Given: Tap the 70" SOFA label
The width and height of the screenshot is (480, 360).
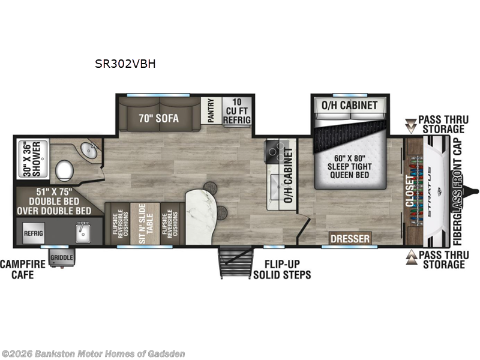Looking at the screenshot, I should [x=158, y=118].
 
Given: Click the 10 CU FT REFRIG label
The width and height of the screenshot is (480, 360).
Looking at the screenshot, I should [x=236, y=112].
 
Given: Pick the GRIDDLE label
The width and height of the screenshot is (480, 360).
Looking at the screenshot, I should [x=62, y=258].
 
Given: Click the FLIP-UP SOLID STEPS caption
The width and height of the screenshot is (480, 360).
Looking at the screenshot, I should [x=282, y=269].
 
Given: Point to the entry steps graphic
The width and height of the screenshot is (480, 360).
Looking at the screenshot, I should [x=233, y=262].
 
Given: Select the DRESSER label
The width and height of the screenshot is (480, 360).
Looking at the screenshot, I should [x=350, y=239].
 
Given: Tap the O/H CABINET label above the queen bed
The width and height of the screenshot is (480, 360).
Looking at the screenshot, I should [x=350, y=106].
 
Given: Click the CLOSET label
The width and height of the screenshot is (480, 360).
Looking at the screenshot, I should [x=410, y=191].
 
